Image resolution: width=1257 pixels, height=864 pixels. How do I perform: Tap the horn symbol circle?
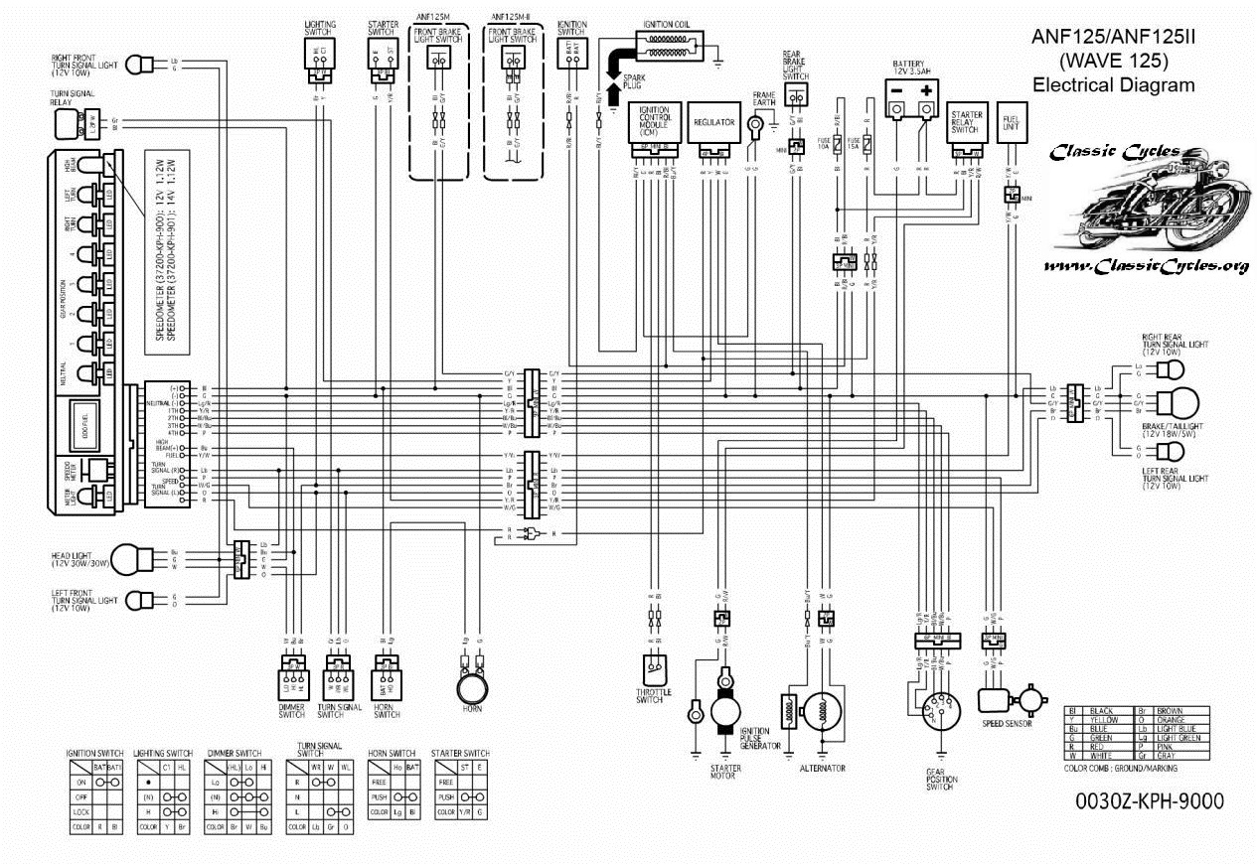point(473,686)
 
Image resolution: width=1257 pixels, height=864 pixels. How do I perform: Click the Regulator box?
point(713,124)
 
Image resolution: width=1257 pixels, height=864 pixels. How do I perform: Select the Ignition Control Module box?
point(653,124)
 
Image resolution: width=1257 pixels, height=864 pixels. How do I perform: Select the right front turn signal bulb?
point(144,65)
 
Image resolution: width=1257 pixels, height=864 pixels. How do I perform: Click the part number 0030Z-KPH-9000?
point(1149,801)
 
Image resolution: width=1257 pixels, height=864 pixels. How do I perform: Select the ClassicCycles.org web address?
point(1146,266)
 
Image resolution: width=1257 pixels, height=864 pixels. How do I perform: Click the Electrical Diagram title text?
point(1113,85)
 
